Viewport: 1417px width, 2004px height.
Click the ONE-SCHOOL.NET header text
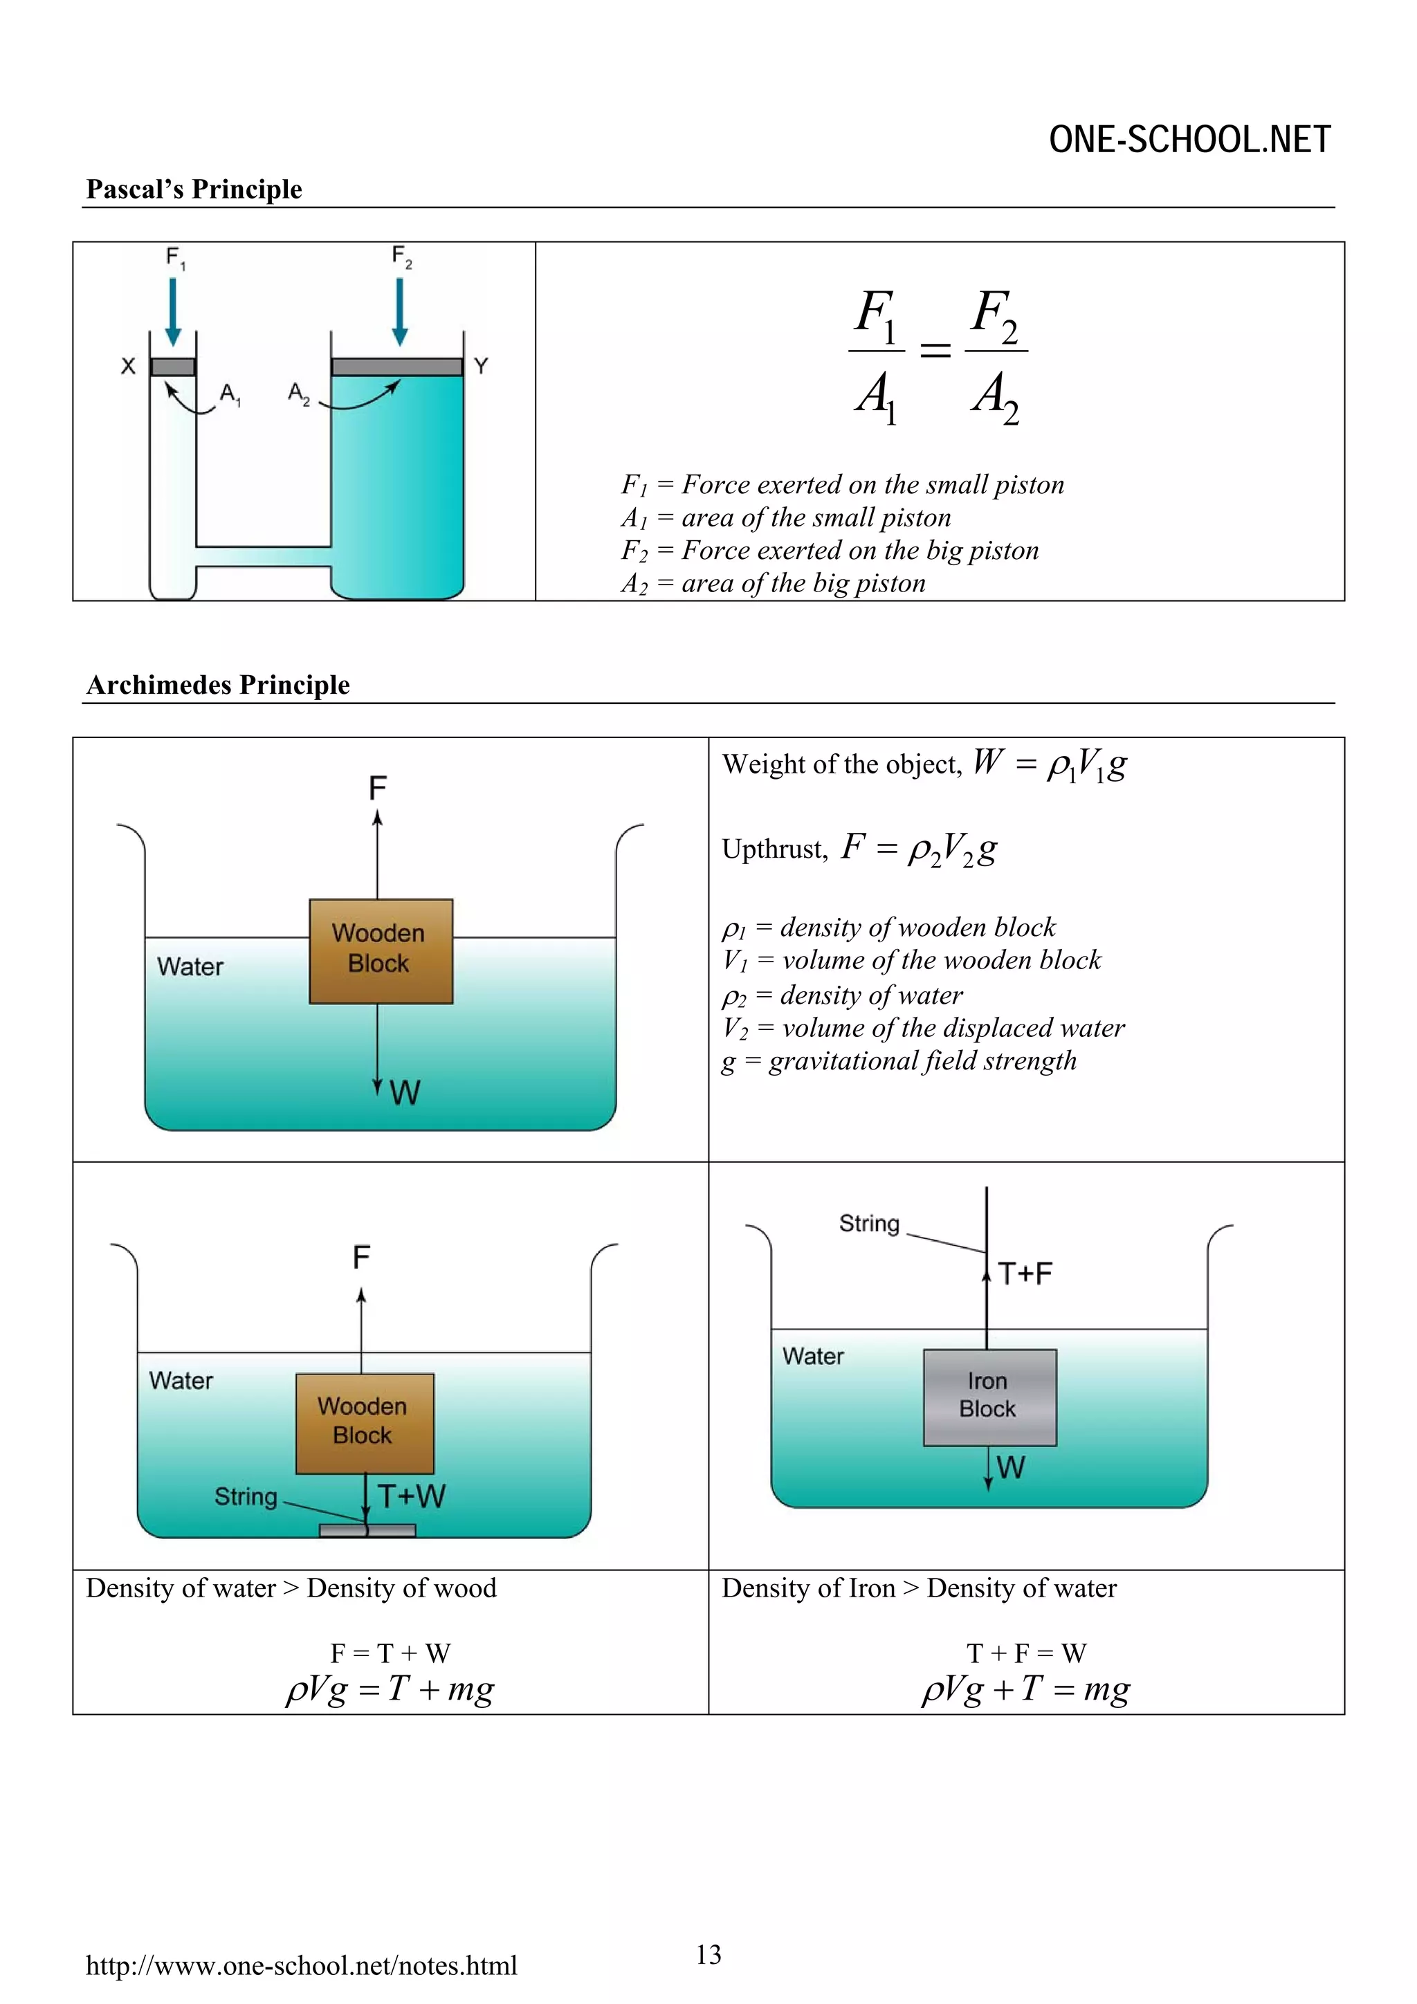pyautogui.click(x=1189, y=140)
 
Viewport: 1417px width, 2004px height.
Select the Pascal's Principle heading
pyautogui.click(x=194, y=190)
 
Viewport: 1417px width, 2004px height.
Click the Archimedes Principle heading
pyautogui.click(x=217, y=685)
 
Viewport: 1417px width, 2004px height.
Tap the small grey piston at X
pyautogui.click(x=172, y=367)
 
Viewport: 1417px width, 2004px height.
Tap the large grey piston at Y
pyautogui.click(x=396, y=367)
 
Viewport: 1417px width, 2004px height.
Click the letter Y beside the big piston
pyautogui.click(x=481, y=366)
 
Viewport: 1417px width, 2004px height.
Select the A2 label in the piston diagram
pyautogui.click(x=299, y=394)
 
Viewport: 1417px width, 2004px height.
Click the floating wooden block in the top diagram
pyautogui.click(x=381, y=950)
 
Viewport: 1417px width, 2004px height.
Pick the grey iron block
pyautogui.click(x=989, y=1397)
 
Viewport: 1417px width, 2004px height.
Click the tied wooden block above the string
pyautogui.click(x=364, y=1423)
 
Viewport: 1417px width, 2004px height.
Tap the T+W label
pyautogui.click(x=411, y=1496)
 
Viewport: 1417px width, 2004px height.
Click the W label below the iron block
pyautogui.click(x=1010, y=1467)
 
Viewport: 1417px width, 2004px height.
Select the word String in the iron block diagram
pyautogui.click(x=869, y=1223)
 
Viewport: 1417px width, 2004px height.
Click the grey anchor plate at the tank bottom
pyautogui.click(x=367, y=1529)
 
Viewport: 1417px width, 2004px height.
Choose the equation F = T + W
pyautogui.click(x=390, y=1653)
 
